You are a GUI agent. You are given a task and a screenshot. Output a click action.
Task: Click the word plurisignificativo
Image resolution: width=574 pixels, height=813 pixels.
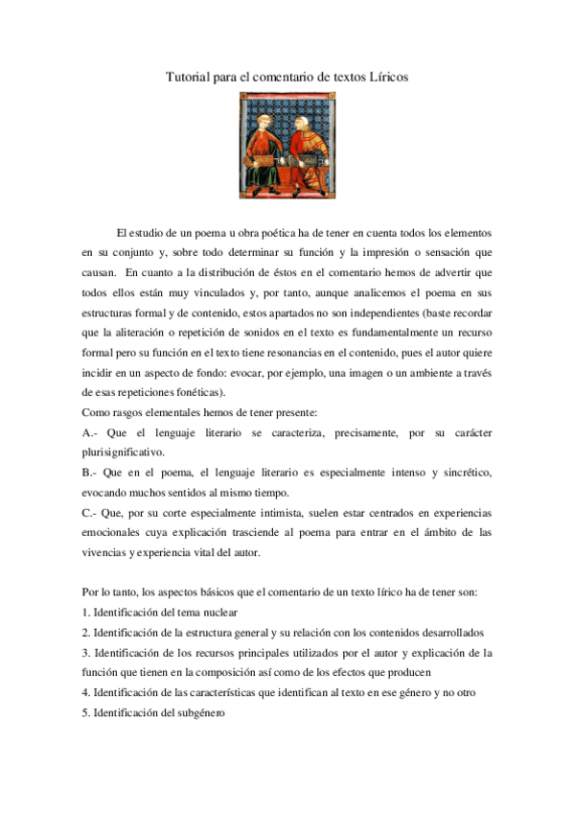(124, 453)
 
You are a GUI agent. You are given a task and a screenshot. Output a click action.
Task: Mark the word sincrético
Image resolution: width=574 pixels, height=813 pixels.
(466, 474)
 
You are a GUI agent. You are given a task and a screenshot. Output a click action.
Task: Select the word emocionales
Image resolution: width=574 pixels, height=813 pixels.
(116, 532)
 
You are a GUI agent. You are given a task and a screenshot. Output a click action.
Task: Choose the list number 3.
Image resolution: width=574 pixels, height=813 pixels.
(86, 653)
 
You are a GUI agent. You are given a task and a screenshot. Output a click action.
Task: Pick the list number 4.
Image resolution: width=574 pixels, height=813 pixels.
(86, 693)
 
